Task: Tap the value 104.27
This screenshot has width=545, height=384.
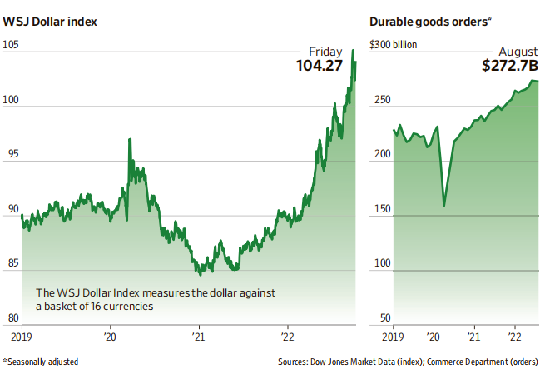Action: [320, 65]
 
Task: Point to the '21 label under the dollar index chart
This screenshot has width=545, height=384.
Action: [199, 337]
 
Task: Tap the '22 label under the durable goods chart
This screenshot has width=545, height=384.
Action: [516, 337]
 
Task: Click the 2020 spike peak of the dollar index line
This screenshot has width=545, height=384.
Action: [129, 139]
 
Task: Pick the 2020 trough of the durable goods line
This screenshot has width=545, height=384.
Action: [443, 205]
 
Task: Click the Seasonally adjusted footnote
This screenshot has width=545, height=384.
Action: [39, 362]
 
